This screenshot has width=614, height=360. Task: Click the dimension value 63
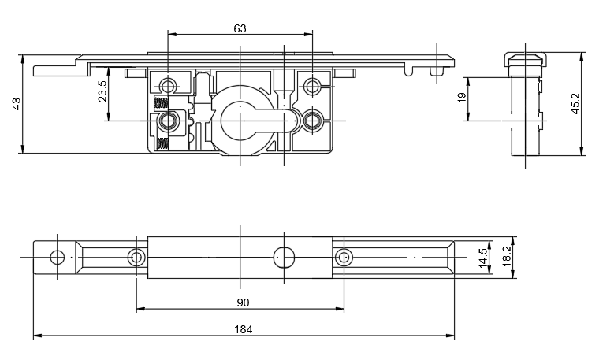[x=240, y=28]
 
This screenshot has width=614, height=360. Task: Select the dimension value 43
[x=17, y=104]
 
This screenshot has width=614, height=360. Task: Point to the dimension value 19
[x=462, y=98]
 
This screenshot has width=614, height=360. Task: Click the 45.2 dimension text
[x=575, y=104]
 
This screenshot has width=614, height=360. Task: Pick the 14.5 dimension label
[x=483, y=258]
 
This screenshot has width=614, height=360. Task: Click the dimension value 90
[x=243, y=302]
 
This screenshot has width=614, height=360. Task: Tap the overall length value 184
[x=244, y=329]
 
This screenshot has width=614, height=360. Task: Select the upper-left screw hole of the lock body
[x=168, y=85]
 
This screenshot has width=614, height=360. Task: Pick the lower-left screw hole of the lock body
[x=168, y=121]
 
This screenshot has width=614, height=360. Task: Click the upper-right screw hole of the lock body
[x=313, y=85]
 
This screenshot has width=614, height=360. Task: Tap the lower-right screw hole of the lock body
[x=313, y=121]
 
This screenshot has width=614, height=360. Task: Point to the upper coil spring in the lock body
[x=161, y=104]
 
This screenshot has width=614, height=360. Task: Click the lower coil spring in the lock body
[x=161, y=143]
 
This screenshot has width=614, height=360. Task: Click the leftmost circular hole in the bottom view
[x=57, y=257]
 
